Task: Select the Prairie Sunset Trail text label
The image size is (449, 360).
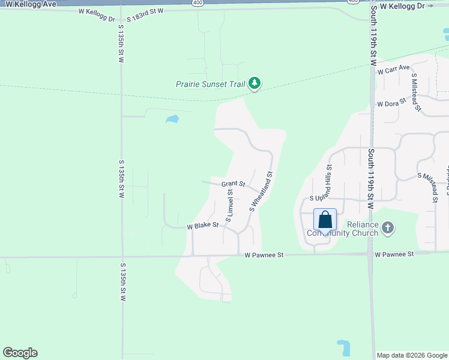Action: coord(210,84)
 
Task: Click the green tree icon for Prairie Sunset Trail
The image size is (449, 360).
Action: coord(255,83)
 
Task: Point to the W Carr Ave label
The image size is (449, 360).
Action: coord(393,70)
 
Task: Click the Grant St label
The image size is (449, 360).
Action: coord(233,184)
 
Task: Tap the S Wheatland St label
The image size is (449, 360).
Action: coord(261,192)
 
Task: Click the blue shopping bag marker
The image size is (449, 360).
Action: coord(325,220)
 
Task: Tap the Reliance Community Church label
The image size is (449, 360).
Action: coord(342,229)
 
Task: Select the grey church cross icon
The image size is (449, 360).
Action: coord(388,227)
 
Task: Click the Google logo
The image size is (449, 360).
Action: coord(20,353)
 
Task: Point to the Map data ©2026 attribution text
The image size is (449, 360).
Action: coord(411,355)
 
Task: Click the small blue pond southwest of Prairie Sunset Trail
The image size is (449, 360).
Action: coord(172,119)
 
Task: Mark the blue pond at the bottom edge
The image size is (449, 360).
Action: coord(343,348)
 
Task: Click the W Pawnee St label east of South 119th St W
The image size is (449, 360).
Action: coord(394,254)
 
